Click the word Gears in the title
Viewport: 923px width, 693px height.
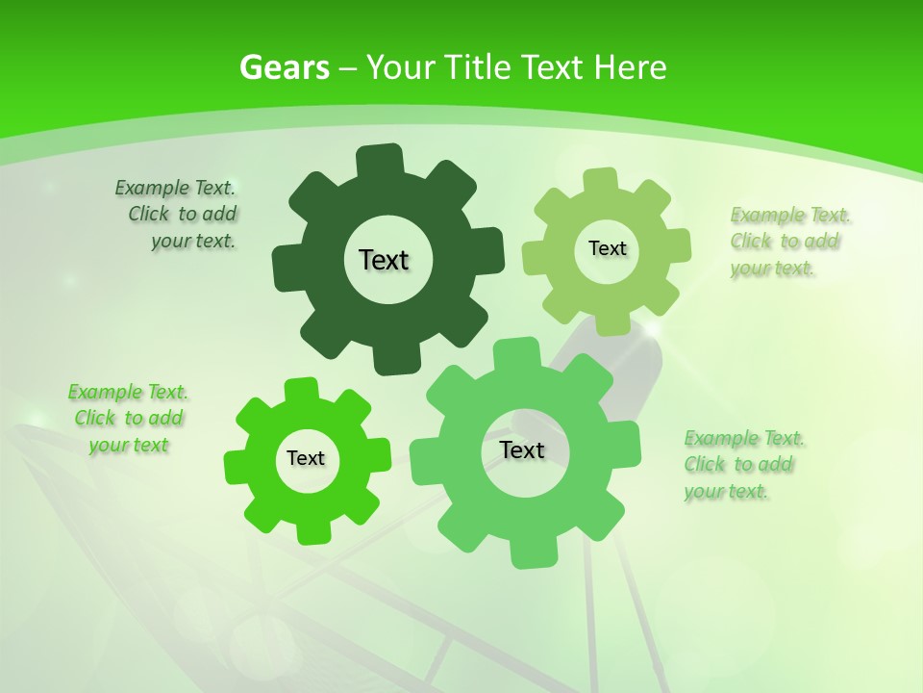(x=284, y=67)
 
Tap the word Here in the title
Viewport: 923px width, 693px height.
(x=630, y=67)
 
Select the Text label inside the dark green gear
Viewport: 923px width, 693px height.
(x=384, y=260)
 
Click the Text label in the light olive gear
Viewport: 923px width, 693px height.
(x=607, y=248)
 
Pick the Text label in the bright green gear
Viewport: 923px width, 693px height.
(x=306, y=459)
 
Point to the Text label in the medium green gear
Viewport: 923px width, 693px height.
(x=522, y=450)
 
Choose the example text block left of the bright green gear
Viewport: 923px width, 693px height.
(x=128, y=418)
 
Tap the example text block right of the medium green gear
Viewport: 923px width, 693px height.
(x=741, y=464)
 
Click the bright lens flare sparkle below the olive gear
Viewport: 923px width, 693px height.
(x=652, y=330)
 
